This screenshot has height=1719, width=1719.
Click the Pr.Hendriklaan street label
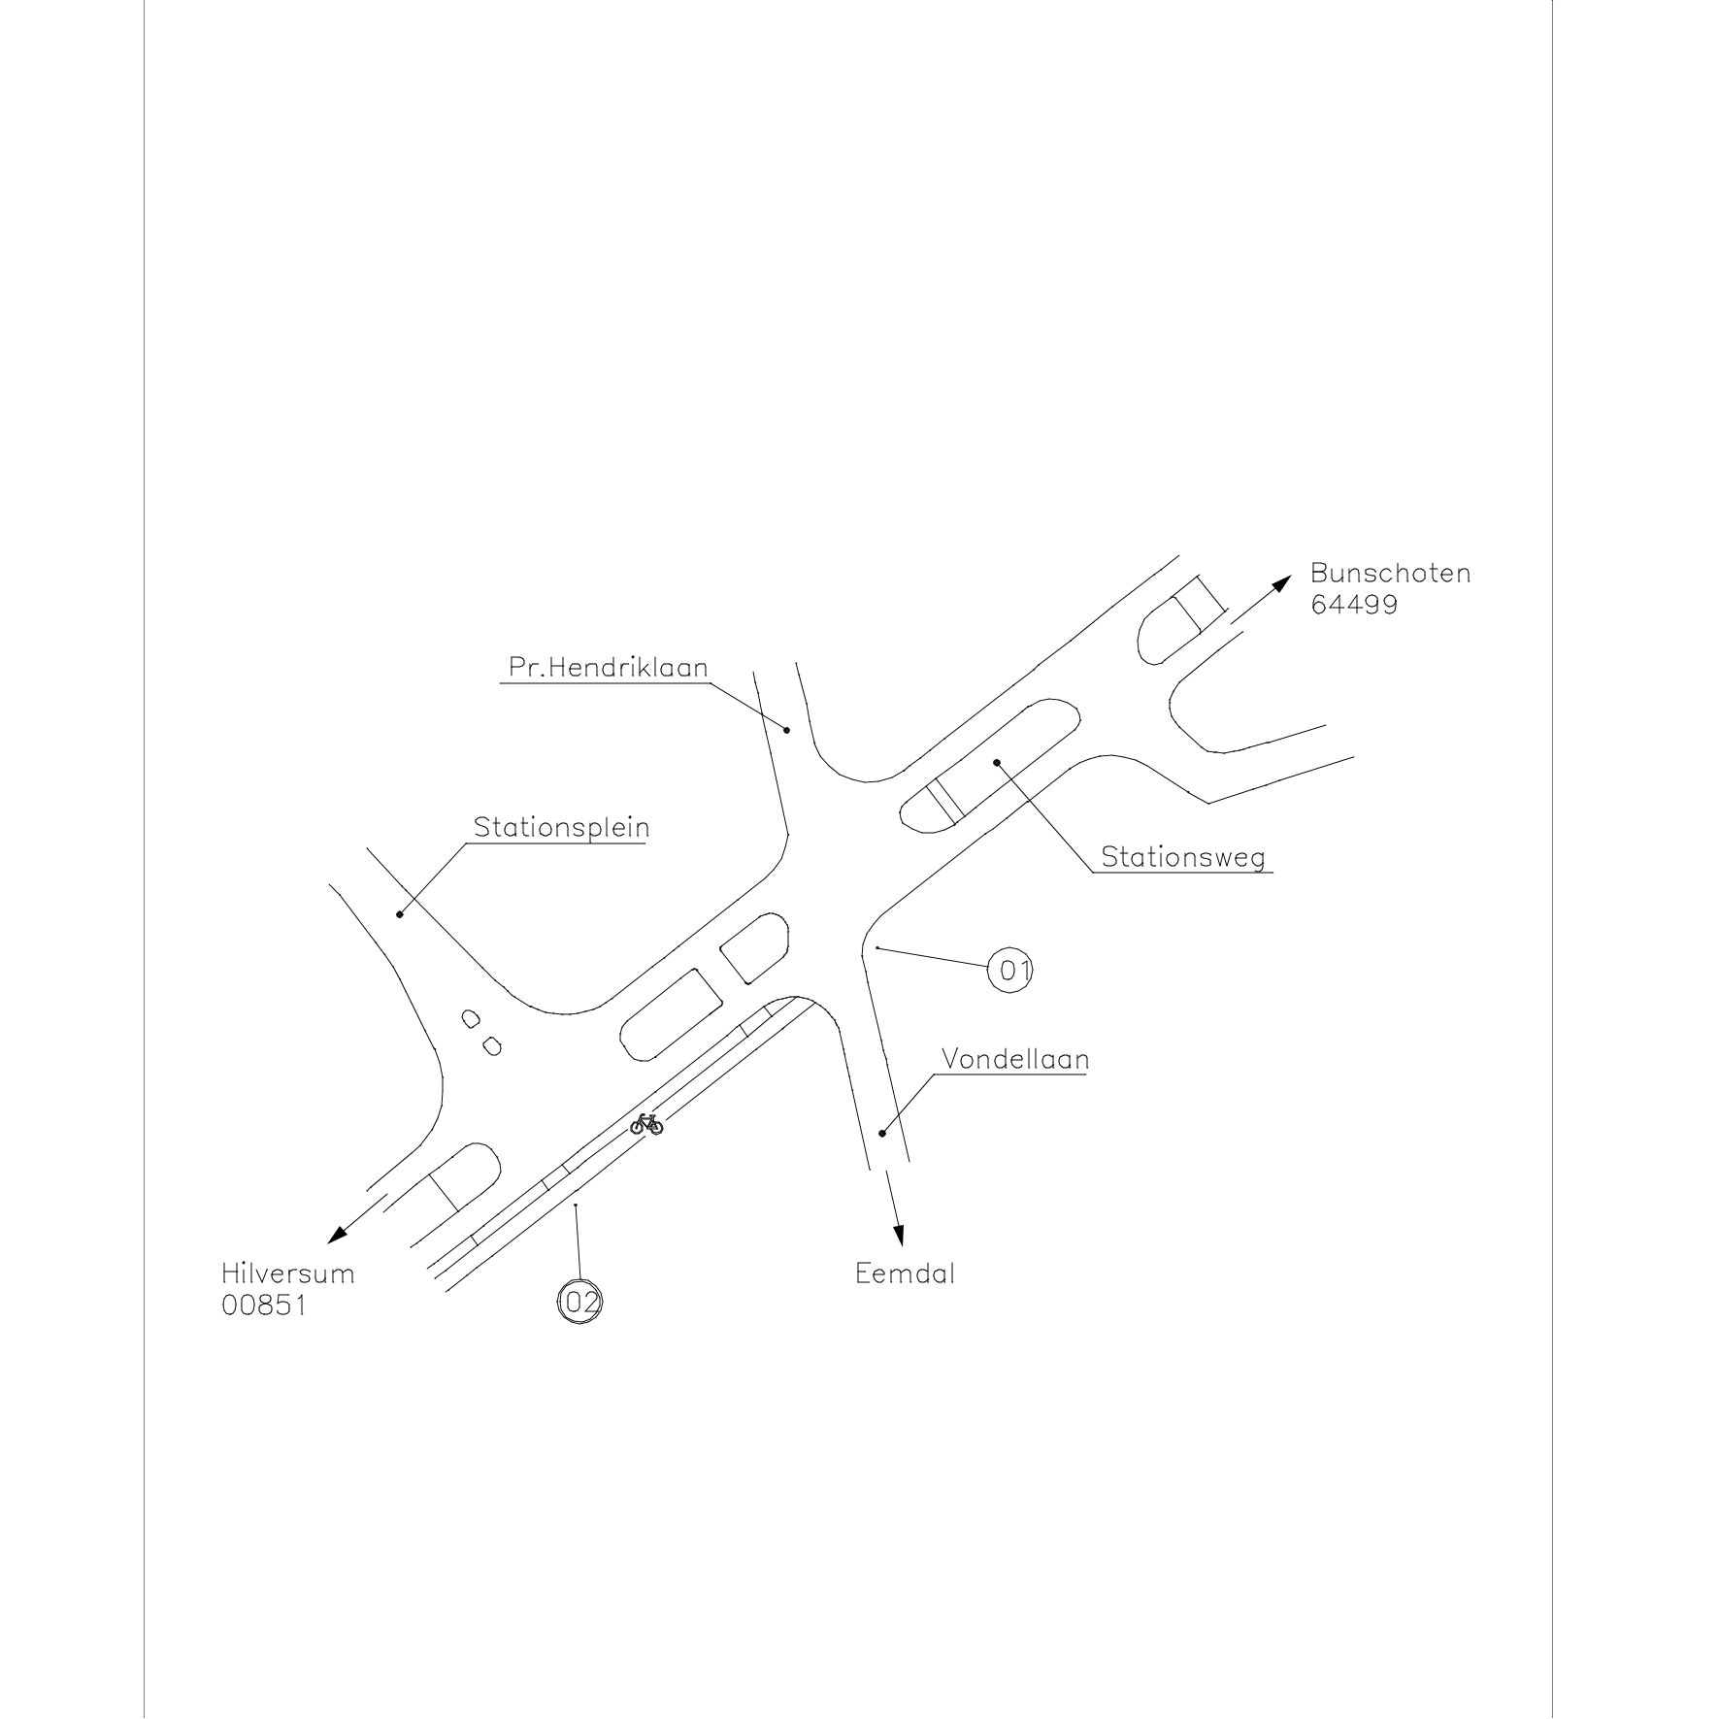(x=609, y=668)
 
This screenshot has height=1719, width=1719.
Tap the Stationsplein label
(x=561, y=828)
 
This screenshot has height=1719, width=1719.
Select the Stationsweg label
(x=1183, y=857)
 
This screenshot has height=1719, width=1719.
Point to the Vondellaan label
(x=1015, y=1059)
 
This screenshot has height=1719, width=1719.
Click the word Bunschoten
(x=1390, y=573)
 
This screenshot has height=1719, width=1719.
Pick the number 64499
(x=1354, y=605)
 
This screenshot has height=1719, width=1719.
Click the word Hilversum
(x=288, y=1273)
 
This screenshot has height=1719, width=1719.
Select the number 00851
(x=264, y=1306)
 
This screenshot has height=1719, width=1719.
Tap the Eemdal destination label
(x=905, y=1273)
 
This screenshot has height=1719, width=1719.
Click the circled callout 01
(x=1009, y=970)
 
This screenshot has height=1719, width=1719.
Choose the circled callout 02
(x=579, y=1302)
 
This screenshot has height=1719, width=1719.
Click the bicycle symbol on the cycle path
(x=646, y=1124)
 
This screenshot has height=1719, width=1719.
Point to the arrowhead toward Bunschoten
(x=1283, y=582)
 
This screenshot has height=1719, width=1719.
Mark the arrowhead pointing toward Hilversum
(x=337, y=1235)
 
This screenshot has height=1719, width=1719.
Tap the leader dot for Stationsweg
(x=996, y=763)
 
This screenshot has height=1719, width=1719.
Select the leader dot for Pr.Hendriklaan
(x=787, y=730)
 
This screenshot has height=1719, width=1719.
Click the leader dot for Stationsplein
(x=400, y=914)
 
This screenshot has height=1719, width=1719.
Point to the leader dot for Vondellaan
(x=882, y=1133)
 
